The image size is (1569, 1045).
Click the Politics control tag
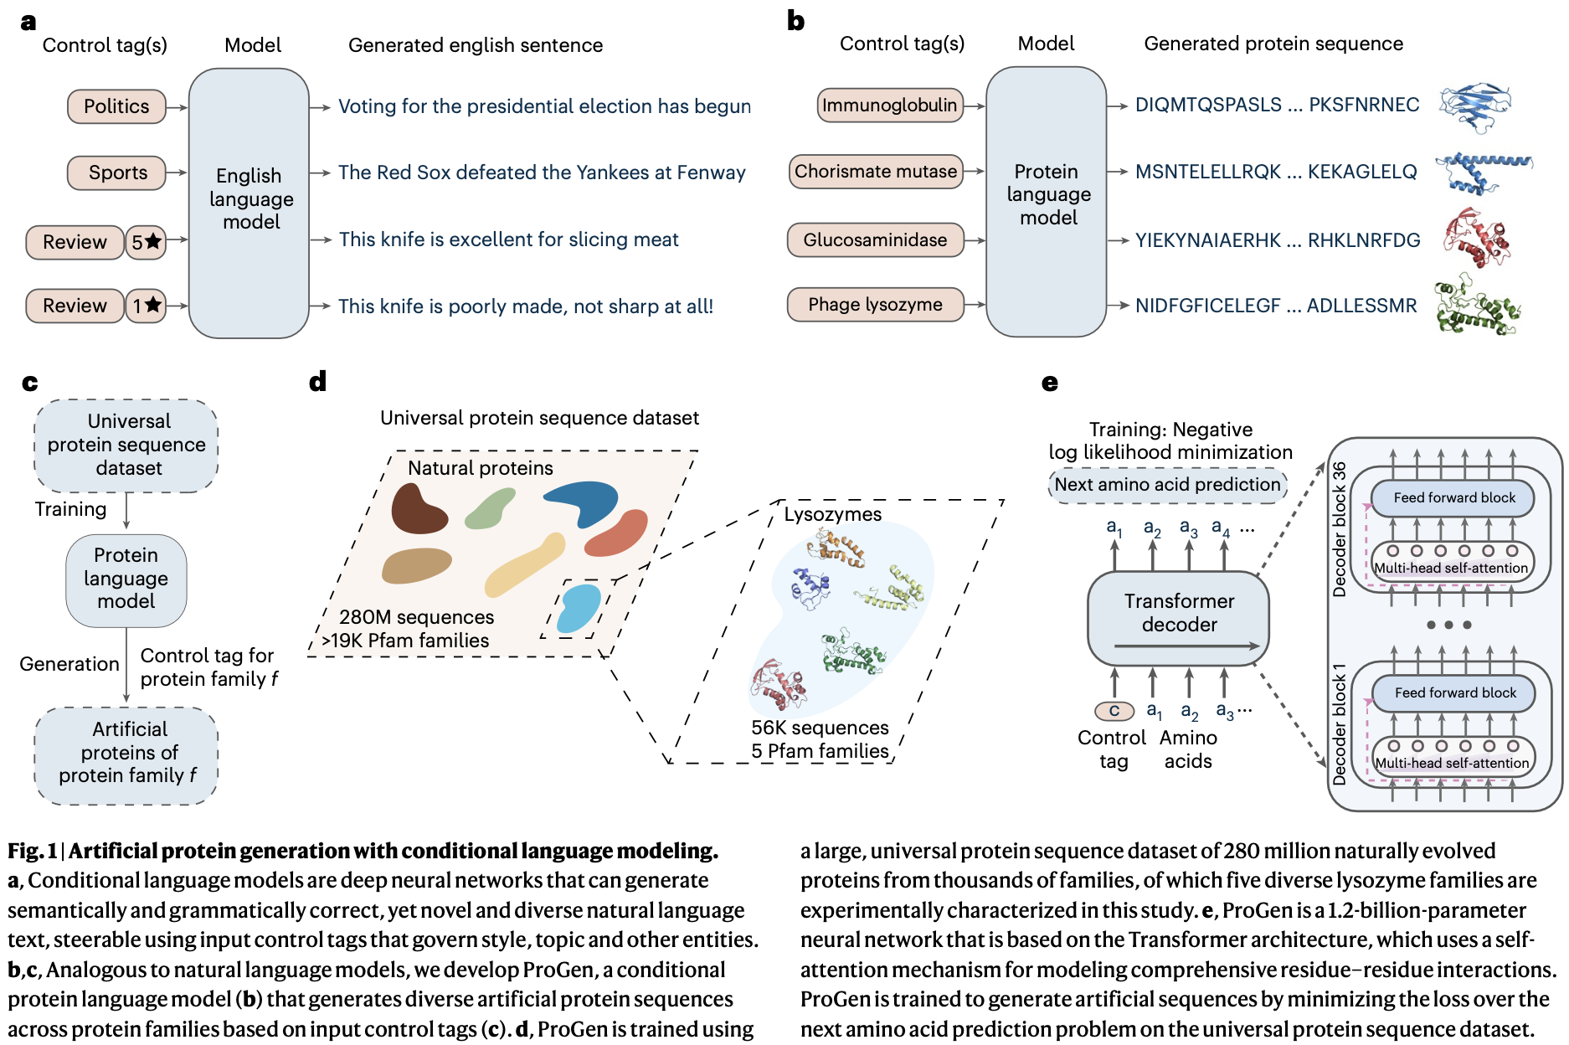click(116, 106)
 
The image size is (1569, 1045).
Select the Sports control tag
click(116, 172)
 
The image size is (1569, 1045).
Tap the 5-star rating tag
click(146, 242)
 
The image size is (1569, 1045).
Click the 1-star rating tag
click(146, 306)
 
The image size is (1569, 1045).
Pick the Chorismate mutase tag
click(875, 172)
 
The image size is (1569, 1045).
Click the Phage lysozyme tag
click(875, 305)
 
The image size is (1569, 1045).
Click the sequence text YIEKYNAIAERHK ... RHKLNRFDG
click(1277, 240)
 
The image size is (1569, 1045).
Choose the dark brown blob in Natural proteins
click(418, 509)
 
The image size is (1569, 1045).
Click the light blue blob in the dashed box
click(579, 609)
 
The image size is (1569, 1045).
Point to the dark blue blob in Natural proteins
click(584, 500)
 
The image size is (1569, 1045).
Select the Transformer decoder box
click(1178, 617)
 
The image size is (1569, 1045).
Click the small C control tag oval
click(1114, 711)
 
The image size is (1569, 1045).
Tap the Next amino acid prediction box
click(1167, 485)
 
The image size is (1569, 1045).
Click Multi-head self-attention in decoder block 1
click(1452, 763)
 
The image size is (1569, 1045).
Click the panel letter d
click(317, 382)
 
